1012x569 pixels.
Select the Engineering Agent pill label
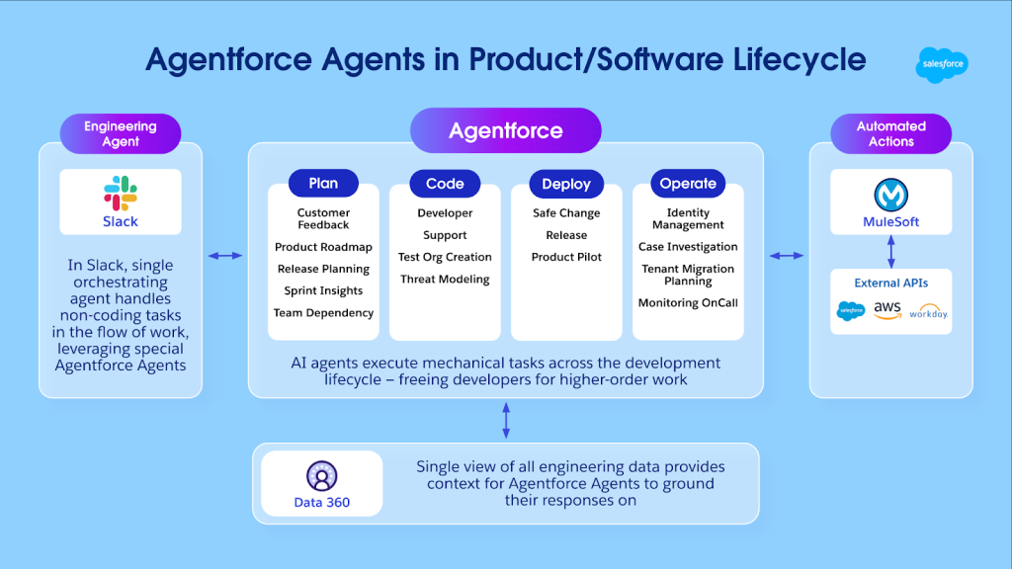click(x=121, y=133)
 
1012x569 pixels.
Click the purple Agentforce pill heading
click(x=505, y=130)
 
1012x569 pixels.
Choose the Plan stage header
click(x=323, y=183)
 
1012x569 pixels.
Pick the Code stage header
click(x=445, y=184)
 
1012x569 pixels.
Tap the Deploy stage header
click(x=566, y=184)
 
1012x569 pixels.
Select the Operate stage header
click(x=688, y=184)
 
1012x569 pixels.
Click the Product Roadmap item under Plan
click(x=323, y=247)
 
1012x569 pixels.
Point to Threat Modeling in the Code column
click(x=445, y=280)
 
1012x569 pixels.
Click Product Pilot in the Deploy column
click(x=566, y=257)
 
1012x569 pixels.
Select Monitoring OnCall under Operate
click(x=688, y=303)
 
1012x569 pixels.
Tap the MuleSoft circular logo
click(x=890, y=194)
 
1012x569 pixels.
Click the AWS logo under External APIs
click(x=887, y=310)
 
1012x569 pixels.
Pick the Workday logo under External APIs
click(x=928, y=313)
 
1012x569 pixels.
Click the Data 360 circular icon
click(x=322, y=476)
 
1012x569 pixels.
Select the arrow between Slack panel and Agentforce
click(x=225, y=256)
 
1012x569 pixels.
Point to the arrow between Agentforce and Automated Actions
click(x=787, y=256)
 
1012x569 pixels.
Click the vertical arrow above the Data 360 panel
click(x=506, y=420)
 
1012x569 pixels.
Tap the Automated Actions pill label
click(x=890, y=133)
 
